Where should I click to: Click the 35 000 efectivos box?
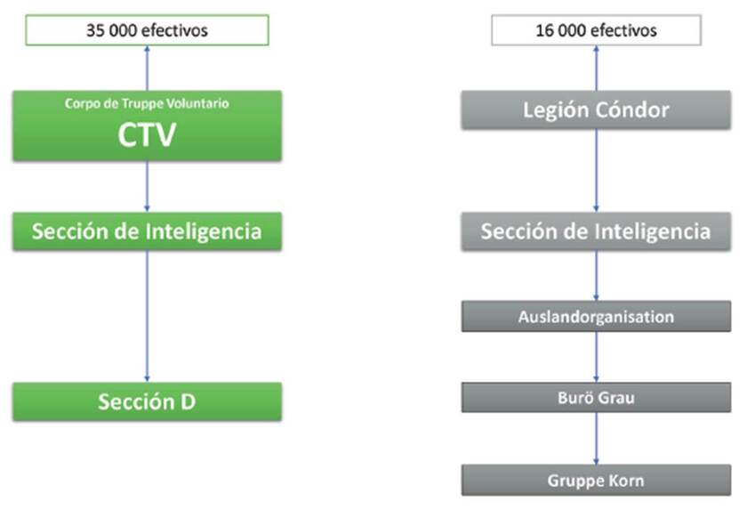coord(147,30)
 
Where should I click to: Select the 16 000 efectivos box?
coord(596,30)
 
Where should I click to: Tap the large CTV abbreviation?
coord(147,135)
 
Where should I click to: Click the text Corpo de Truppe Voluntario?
coord(147,104)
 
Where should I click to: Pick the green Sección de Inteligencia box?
coord(147,231)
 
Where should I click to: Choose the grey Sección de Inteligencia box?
coord(596,231)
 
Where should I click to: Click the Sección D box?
coord(147,401)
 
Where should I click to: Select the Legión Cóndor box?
coord(596,110)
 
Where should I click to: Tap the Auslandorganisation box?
coord(596,316)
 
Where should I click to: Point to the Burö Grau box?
coord(596,397)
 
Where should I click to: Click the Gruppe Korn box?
coord(596,481)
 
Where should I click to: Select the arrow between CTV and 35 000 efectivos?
coord(147,68)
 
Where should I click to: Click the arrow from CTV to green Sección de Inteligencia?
coord(147,187)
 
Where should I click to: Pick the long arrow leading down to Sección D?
coord(147,316)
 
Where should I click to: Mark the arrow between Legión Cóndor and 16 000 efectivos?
coord(596,68)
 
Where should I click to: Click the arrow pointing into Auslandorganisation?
coord(596,276)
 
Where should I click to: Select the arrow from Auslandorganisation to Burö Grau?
coord(596,357)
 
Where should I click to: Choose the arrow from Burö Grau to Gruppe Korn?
coord(596,439)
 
